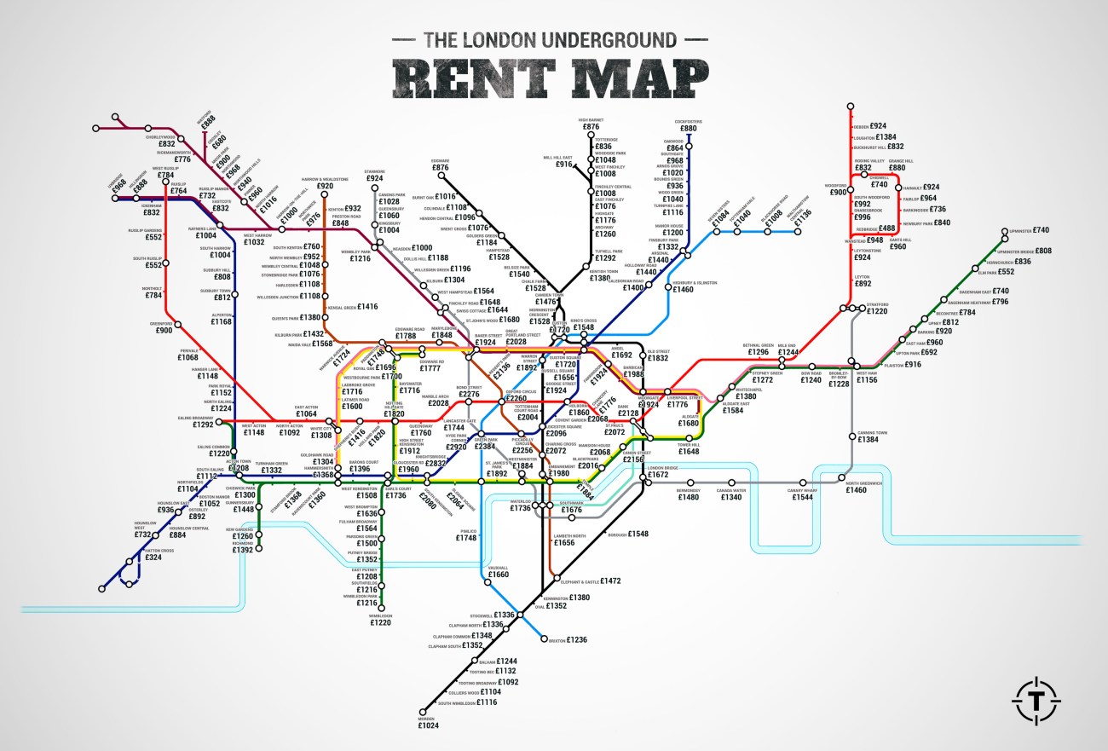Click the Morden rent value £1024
(428, 726)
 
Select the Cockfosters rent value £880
(688, 129)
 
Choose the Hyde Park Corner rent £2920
(456, 447)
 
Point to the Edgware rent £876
(440, 168)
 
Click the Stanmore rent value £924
(375, 179)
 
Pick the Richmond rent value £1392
(243, 551)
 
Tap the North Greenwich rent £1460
(863, 490)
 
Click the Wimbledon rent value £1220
(380, 623)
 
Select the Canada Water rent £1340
(730, 497)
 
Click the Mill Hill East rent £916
(563, 165)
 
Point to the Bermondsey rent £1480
(689, 497)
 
